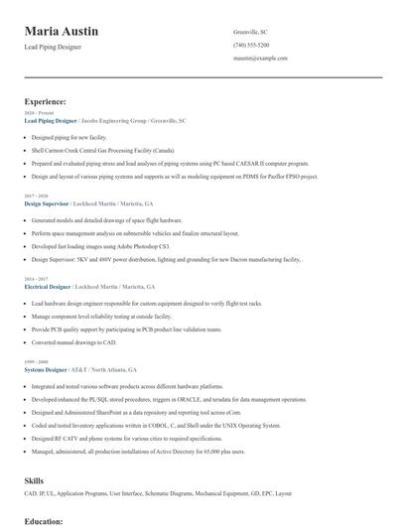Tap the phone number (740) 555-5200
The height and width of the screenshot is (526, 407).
point(250,45)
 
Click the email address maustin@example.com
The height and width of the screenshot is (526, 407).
point(260,58)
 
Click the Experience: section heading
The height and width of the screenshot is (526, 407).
point(46,101)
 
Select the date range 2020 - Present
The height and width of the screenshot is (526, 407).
point(37,113)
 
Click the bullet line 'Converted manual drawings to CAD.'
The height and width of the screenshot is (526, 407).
point(72,342)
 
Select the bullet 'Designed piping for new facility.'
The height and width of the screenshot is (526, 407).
point(69,137)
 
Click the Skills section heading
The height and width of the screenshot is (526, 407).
point(34,480)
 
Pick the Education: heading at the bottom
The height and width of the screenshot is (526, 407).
point(44,520)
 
